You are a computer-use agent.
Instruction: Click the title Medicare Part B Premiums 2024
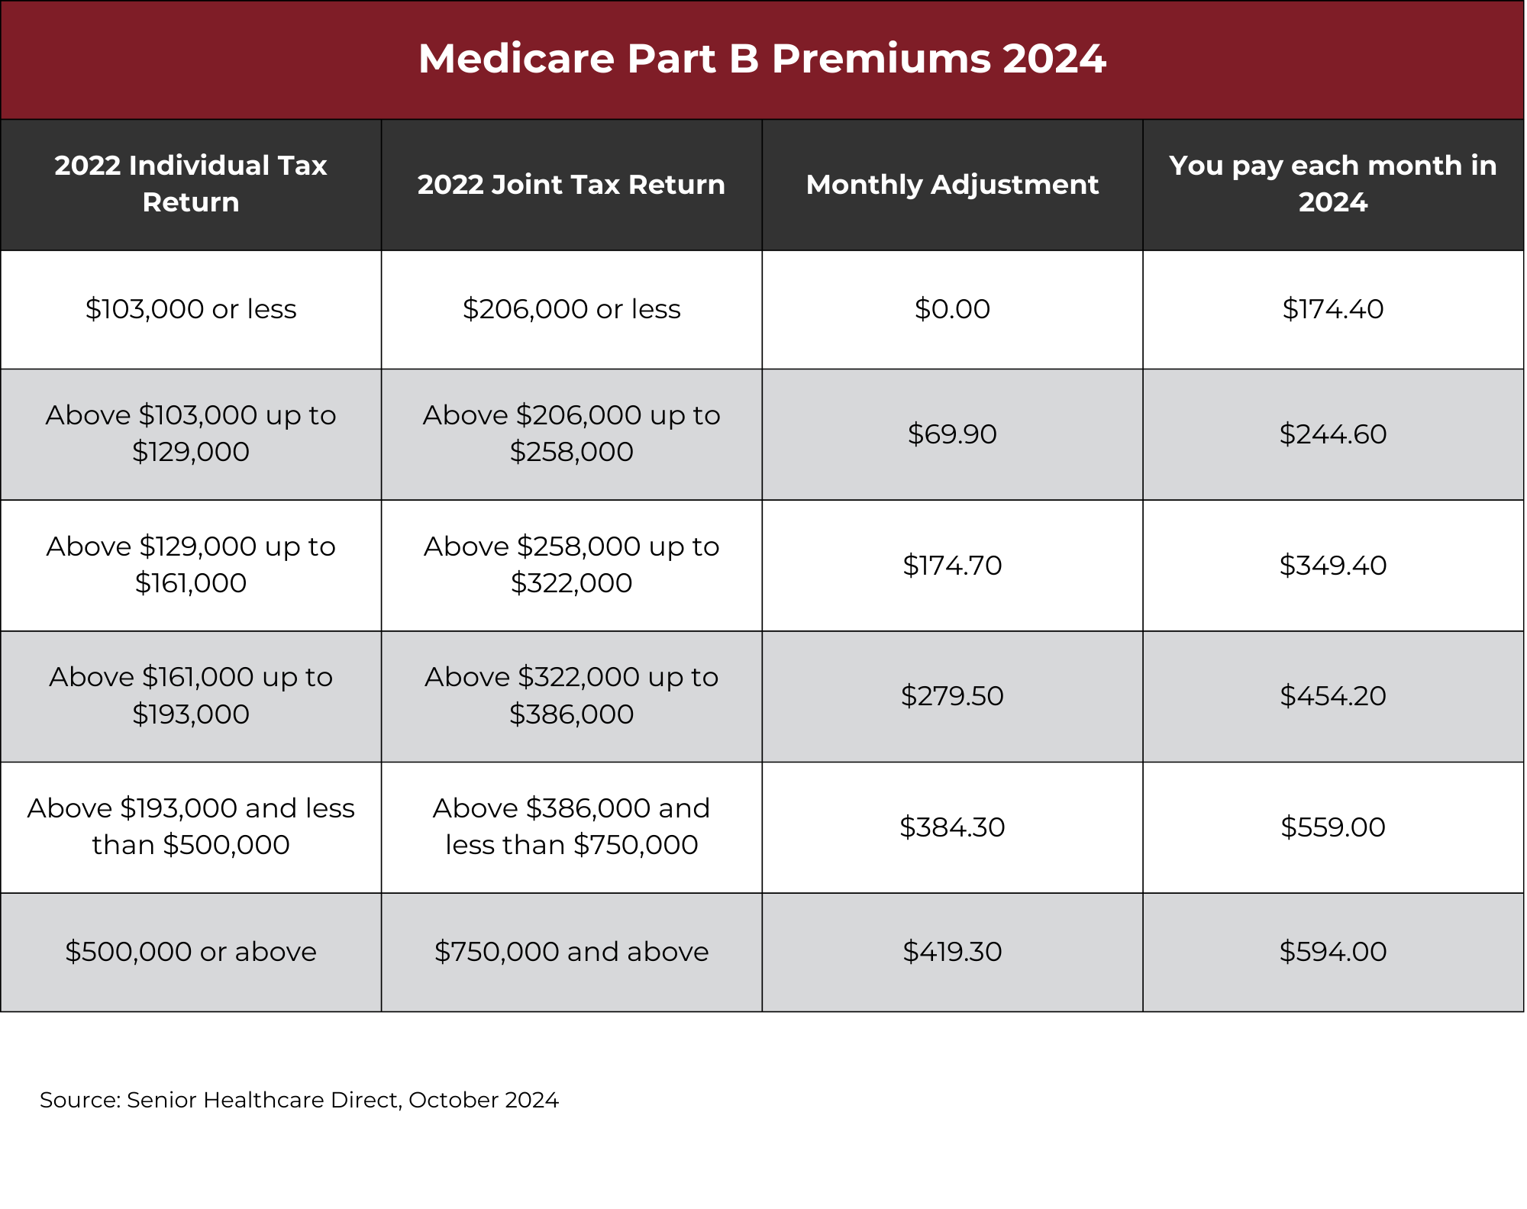pos(762,59)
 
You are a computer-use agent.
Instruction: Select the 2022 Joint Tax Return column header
pos(571,185)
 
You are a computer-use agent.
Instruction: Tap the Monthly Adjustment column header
pos(952,185)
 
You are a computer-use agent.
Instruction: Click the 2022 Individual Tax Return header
pos(191,184)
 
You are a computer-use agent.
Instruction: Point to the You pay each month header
pos(1333,184)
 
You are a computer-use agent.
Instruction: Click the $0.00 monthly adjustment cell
pos(952,309)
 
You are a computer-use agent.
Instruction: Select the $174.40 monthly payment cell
pos(1333,309)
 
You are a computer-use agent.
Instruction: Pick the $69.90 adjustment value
pos(952,434)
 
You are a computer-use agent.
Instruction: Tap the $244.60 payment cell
pos(1333,434)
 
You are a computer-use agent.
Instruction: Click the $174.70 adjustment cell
pos(952,566)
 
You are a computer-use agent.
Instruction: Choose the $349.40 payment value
pos(1333,566)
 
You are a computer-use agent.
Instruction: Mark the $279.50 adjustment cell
pos(952,696)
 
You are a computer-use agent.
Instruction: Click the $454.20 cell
pos(1333,696)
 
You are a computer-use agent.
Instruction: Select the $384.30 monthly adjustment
pos(952,827)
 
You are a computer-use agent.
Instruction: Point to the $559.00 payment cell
pos(1333,827)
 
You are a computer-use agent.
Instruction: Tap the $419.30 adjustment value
pos(952,952)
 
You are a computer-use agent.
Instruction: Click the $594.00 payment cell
pos(1333,952)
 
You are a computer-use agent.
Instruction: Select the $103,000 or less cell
pos(191,309)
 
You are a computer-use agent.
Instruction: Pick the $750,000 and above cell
pos(571,952)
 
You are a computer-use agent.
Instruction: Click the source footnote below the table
pos(299,1100)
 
